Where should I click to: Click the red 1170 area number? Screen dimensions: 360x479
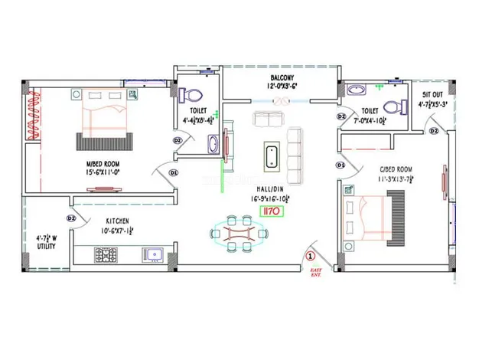click(x=271, y=208)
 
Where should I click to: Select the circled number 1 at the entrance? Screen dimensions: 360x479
click(x=311, y=256)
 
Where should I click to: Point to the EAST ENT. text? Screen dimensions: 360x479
click(x=315, y=273)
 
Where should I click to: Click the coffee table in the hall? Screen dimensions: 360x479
click(x=272, y=155)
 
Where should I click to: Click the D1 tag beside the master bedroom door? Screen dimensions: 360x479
click(x=174, y=173)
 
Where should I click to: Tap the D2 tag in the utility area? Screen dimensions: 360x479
click(x=70, y=218)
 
